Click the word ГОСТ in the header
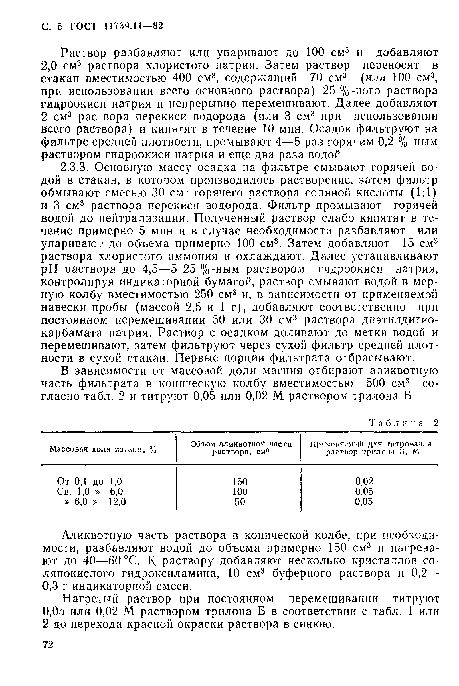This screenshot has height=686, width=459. coord(83,27)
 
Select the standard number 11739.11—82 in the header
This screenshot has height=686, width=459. coord(133,26)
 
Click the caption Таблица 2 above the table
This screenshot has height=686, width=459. coord(404,423)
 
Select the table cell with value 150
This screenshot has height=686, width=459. coord(240,481)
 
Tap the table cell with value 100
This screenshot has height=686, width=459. coord(240,492)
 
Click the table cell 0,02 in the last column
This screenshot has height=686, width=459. coord(364,481)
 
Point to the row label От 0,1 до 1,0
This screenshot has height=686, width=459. coord(89,481)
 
